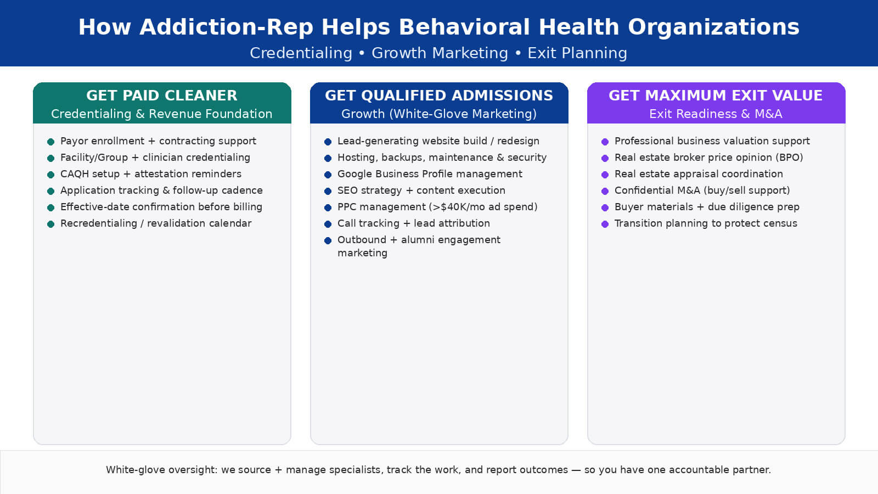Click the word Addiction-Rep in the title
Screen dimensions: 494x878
pyautogui.click(x=226, y=27)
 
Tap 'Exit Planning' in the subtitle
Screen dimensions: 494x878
pyautogui.click(x=577, y=53)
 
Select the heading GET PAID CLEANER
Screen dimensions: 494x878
pyautogui.click(x=162, y=96)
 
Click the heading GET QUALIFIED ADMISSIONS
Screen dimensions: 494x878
pyautogui.click(x=439, y=96)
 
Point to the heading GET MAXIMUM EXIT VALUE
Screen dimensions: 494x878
pyautogui.click(x=716, y=96)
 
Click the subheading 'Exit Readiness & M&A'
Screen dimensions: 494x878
pyautogui.click(x=716, y=114)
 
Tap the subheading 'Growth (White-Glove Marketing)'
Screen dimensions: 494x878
pyautogui.click(x=439, y=114)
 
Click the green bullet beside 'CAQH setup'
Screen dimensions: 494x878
pyautogui.click(x=50, y=175)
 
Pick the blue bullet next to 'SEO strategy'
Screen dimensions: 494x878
pyautogui.click(x=328, y=191)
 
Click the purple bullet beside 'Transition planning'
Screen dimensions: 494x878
pyautogui.click(x=605, y=224)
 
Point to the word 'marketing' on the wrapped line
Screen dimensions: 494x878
pyautogui.click(x=362, y=253)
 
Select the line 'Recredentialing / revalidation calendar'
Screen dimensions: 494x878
pyautogui.click(x=156, y=223)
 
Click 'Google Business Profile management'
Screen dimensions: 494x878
pyautogui.click(x=430, y=174)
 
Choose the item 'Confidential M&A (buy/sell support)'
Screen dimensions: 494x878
pyautogui.click(x=702, y=190)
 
